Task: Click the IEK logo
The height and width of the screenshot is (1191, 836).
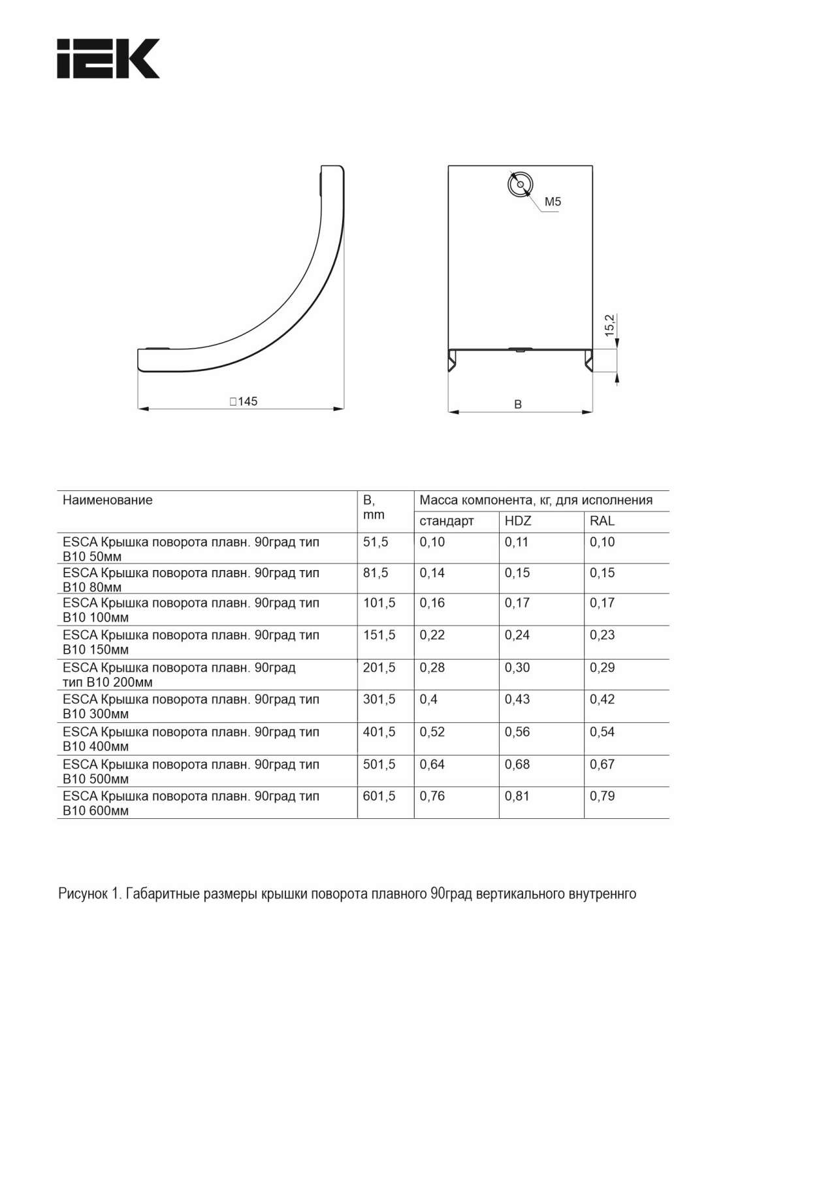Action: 108,59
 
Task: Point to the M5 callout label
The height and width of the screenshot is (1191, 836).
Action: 553,202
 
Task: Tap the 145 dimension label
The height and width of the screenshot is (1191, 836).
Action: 244,402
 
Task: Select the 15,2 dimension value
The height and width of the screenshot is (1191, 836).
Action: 610,325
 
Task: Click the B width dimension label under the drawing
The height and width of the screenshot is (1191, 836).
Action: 518,405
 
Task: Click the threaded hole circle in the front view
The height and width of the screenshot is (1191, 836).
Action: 521,184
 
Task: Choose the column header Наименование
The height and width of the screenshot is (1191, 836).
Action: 108,500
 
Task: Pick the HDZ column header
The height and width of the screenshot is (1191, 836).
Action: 518,521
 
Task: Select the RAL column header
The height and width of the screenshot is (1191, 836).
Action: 602,521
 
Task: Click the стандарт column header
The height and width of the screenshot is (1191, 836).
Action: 447,521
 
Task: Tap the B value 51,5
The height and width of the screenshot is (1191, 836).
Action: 376,542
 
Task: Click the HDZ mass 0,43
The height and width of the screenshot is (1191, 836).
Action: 517,699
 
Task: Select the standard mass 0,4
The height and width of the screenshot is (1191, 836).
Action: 428,699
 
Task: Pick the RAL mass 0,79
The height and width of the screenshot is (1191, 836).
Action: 602,797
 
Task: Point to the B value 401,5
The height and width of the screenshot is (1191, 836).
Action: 379,732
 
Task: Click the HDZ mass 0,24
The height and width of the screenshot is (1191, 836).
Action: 517,635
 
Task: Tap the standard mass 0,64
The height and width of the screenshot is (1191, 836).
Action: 432,764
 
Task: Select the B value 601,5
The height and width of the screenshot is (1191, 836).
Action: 379,797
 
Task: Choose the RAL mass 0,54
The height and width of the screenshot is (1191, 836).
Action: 602,732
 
